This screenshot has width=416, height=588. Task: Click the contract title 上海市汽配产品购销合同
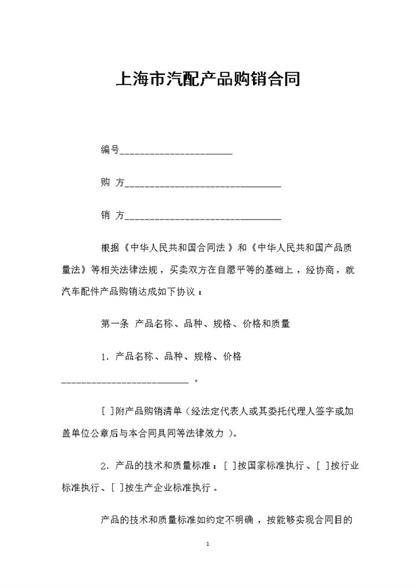(208, 79)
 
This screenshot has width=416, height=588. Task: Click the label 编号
(110, 150)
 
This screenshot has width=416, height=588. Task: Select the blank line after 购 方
(203, 185)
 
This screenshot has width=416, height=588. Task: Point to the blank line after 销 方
(203, 218)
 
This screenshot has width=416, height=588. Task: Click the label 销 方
(113, 216)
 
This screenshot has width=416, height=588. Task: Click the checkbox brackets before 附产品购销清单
(107, 412)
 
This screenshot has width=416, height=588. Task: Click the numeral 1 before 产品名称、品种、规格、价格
(104, 357)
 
